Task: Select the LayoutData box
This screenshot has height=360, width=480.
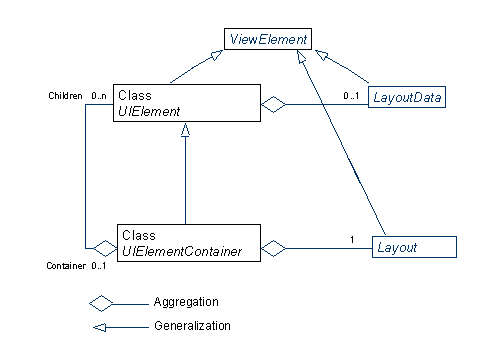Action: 406,97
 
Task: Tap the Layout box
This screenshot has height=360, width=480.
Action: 414,245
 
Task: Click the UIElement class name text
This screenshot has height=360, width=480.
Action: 149,111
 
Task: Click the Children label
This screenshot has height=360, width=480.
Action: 66,95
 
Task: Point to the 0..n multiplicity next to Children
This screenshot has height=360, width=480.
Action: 99,95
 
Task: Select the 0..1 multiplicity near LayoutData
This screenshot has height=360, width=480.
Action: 350,94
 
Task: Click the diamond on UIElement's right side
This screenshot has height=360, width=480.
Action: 274,103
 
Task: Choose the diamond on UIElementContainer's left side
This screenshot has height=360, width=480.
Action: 103,246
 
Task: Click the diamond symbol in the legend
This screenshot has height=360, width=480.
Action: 102,302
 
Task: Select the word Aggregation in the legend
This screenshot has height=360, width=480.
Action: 186,301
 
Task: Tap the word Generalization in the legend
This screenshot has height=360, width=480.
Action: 192,325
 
